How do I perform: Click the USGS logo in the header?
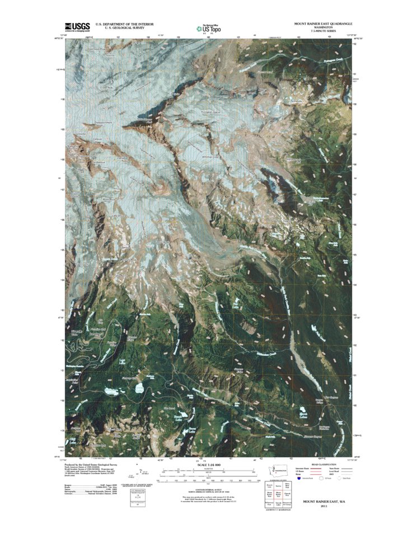tap(77, 26)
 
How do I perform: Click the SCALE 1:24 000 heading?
tap(208, 465)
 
